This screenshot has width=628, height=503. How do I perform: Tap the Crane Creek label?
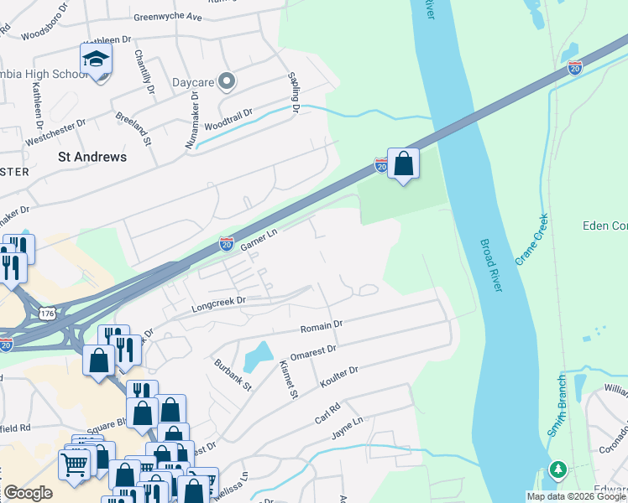pos(531,240)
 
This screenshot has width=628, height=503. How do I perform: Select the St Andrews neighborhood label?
pos(92,157)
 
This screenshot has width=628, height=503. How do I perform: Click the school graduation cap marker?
pos(96,60)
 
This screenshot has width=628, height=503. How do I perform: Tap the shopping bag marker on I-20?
pos(403,163)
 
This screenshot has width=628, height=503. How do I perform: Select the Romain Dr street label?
pos(322,324)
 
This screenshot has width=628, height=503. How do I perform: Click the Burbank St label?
pos(232,375)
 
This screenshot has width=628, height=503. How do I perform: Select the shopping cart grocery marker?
pos(74,464)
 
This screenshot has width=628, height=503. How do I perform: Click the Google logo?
pos(28,493)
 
